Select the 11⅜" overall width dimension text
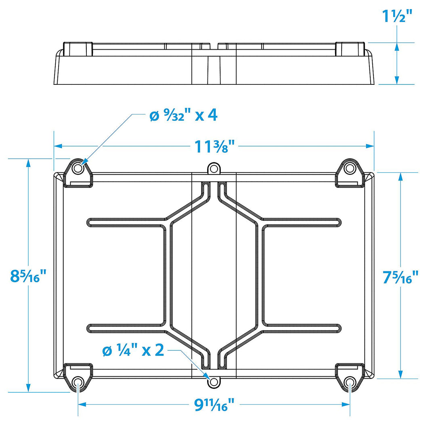tap(214, 146)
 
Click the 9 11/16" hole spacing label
tap(214, 405)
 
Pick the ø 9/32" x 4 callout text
tap(183, 115)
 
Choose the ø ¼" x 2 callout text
tap(133, 350)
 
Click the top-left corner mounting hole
tap(78, 168)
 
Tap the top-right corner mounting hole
tap(350, 168)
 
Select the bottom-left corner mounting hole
tap(78, 382)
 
